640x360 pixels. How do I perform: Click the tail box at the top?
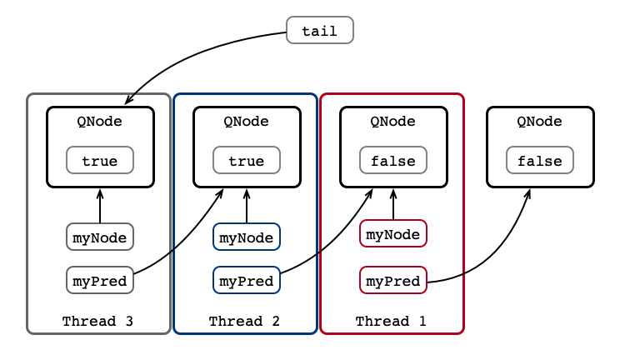320,30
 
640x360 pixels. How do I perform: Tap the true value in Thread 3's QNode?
100,160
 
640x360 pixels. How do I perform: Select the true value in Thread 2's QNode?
247,160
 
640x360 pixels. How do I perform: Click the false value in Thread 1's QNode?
393,160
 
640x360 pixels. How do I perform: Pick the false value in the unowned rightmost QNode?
540,160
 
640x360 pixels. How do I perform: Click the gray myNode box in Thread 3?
100,237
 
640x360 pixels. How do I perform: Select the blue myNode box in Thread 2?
247,237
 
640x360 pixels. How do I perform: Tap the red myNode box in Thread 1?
393,233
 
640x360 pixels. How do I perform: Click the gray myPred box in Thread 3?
100,280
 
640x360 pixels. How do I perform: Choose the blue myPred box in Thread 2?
247,280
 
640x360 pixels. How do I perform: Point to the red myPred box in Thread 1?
393,280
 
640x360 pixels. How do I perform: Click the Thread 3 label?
98,321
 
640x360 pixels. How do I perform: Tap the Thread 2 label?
244,321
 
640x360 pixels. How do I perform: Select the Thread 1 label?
391,321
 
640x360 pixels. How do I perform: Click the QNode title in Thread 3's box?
100,121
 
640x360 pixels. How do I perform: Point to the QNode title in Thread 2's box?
246,121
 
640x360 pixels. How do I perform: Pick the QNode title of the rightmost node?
540,121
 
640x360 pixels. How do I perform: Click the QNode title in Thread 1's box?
393,121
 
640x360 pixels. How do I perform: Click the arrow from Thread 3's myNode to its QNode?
100,206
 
